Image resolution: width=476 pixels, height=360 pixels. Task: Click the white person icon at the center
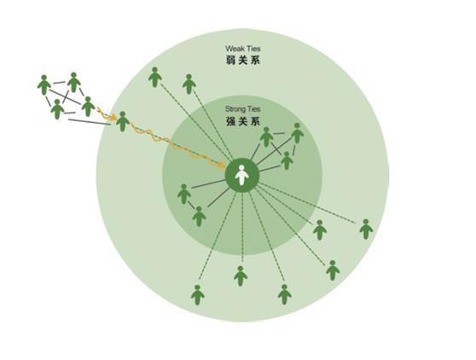click(x=242, y=175)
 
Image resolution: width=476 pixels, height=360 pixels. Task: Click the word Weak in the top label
click(x=235, y=49)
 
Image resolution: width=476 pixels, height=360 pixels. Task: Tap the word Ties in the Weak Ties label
click(x=253, y=49)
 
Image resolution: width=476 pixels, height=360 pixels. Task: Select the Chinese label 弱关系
click(x=243, y=61)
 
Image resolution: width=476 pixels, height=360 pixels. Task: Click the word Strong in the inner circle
click(x=235, y=109)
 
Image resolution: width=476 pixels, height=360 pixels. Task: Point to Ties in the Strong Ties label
click(x=254, y=109)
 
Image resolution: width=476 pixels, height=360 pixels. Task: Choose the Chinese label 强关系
click(x=243, y=121)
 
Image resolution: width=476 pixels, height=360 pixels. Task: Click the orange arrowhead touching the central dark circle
click(x=222, y=165)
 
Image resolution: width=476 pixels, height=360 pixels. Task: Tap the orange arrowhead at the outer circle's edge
click(x=113, y=117)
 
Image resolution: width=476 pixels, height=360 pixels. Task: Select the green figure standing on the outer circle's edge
click(x=123, y=121)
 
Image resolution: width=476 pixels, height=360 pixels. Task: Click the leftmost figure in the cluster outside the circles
click(x=44, y=84)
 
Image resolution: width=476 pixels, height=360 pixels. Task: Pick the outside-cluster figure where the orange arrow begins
click(x=88, y=107)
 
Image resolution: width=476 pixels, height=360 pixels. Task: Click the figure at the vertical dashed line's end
click(x=241, y=276)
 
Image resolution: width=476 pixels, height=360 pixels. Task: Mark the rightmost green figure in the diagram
click(x=366, y=229)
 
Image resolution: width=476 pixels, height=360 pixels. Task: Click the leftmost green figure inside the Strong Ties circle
click(x=184, y=194)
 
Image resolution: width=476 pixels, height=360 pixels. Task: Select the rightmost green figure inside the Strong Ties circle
click(x=297, y=133)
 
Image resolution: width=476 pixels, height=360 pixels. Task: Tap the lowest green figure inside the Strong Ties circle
click(x=199, y=217)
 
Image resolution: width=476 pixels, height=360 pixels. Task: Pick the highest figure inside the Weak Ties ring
click(x=154, y=78)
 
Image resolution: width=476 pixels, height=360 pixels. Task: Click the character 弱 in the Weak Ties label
click(x=230, y=61)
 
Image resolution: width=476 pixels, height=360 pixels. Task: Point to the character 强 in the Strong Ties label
click(x=230, y=121)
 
